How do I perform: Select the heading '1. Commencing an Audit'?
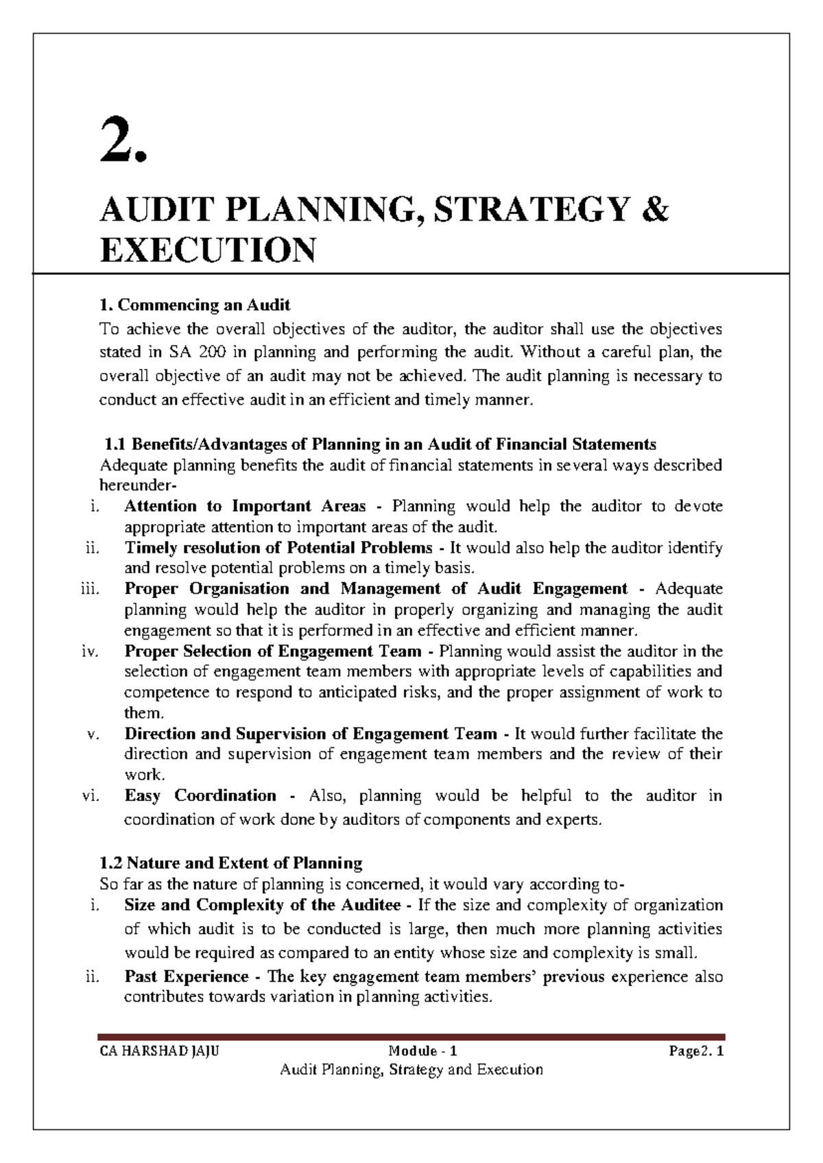[x=195, y=304]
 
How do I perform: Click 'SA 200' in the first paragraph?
[x=194, y=352]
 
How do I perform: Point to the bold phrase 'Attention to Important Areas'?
[x=245, y=507]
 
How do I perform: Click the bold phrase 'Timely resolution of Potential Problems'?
[x=278, y=548]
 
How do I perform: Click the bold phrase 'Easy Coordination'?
[x=200, y=796]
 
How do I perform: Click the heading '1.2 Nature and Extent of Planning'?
[x=230, y=863]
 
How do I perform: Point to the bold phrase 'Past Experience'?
[x=187, y=976]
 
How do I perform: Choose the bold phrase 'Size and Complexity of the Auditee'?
[x=263, y=905]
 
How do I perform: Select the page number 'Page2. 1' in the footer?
[x=697, y=1051]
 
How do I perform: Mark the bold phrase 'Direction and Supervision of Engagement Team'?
[x=311, y=734]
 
